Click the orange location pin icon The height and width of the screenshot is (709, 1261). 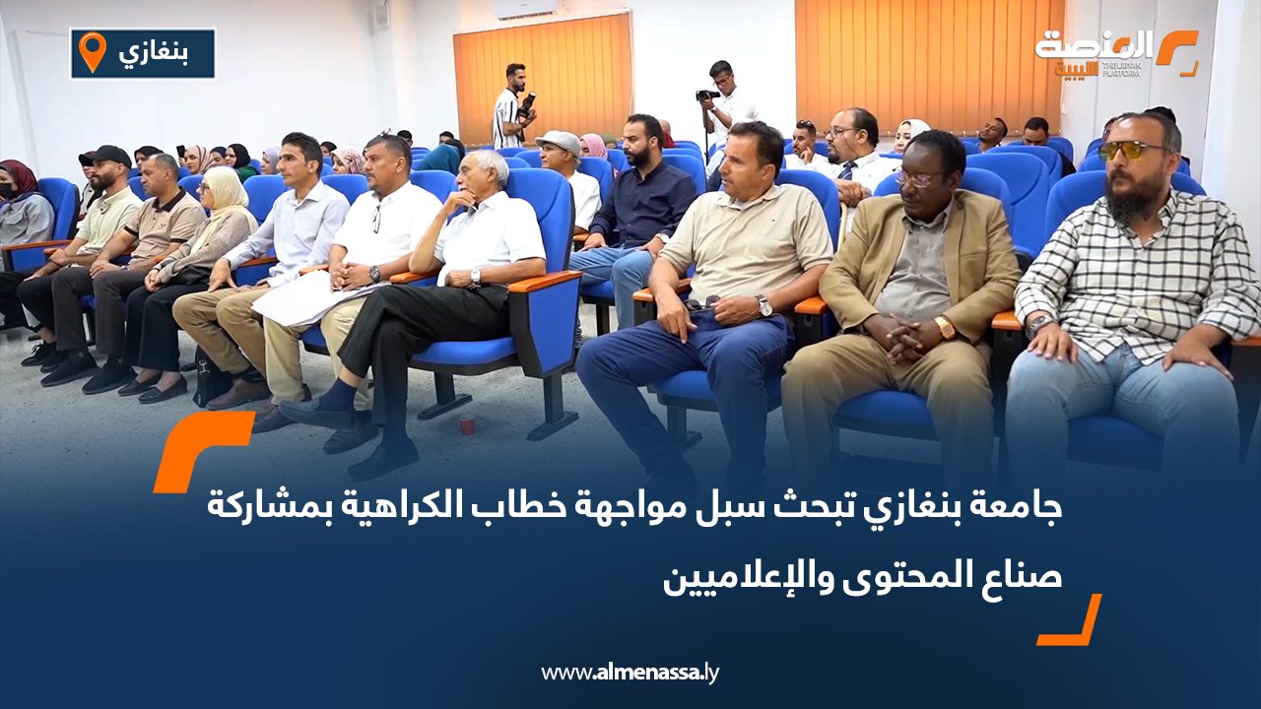pos(92,52)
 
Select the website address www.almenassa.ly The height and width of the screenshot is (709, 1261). pos(630,673)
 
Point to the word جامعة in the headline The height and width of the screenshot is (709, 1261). pos(1020,509)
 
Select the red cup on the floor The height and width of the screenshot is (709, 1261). pos(467,423)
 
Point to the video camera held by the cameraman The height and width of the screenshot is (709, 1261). pos(706,96)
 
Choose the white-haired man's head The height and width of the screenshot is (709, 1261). pos(485,173)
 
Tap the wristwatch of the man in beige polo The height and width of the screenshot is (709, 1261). pos(764,306)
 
